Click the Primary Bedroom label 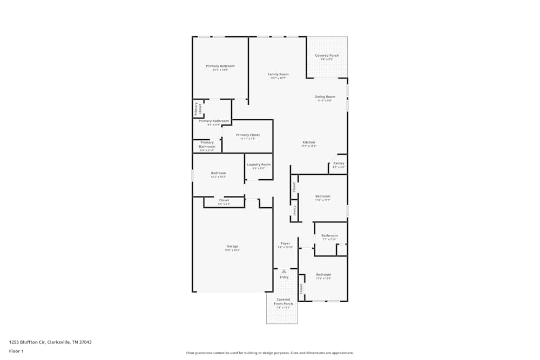[x=220, y=66]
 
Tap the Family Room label [x=278, y=74]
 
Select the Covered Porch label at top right [x=327, y=56]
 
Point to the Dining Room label [x=325, y=97]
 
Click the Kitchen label [x=309, y=142]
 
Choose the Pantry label [x=339, y=164]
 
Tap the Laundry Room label [x=259, y=165]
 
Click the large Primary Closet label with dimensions [x=248, y=135]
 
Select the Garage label [x=232, y=247]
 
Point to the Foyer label [x=285, y=243]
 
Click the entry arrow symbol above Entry [x=284, y=271]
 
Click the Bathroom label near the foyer [x=329, y=236]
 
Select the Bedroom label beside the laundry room [x=218, y=173]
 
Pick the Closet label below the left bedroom [x=224, y=200]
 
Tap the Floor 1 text [x=16, y=351]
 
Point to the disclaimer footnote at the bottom [x=269, y=352]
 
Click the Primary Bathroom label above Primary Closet [x=213, y=121]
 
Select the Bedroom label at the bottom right [x=323, y=275]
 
